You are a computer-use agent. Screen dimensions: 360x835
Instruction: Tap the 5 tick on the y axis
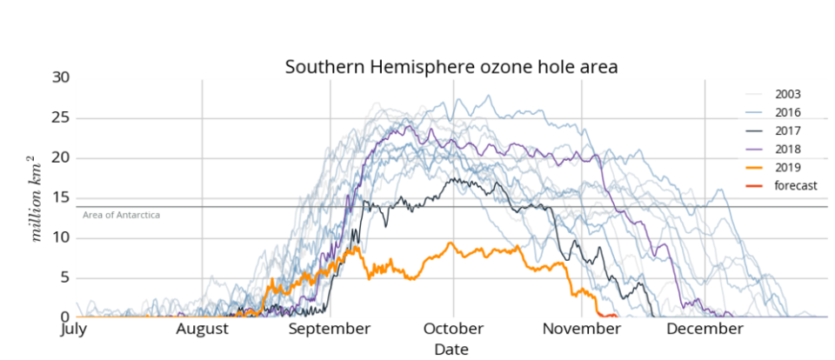click(x=63, y=278)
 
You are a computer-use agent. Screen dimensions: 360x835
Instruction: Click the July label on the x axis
click(x=75, y=329)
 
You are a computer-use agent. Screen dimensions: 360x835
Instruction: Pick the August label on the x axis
click(x=202, y=329)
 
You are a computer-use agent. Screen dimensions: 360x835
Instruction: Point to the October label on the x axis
click(x=452, y=329)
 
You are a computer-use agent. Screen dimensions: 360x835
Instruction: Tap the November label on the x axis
click(x=581, y=329)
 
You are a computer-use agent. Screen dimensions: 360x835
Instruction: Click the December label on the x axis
click(x=705, y=329)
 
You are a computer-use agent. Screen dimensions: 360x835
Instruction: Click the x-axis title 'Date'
click(x=451, y=349)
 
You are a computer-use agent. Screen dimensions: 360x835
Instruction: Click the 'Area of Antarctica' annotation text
click(x=121, y=214)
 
